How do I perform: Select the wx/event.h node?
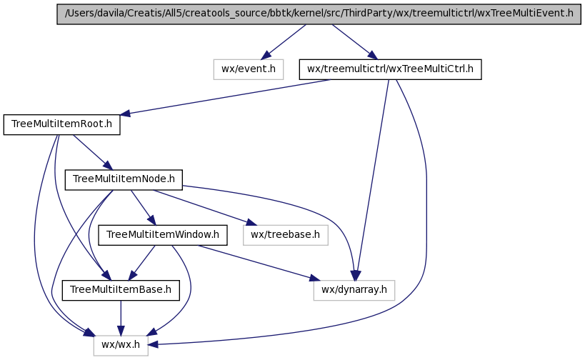(x=249, y=69)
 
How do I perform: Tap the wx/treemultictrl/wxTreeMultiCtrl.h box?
(x=391, y=69)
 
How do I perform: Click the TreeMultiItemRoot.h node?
(x=62, y=125)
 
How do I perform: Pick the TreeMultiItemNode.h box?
(x=124, y=179)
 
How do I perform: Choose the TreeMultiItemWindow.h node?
(x=163, y=234)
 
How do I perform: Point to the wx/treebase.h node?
(x=286, y=234)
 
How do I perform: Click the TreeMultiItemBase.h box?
(x=121, y=289)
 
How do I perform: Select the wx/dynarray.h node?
(x=354, y=289)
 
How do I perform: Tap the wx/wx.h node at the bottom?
(x=121, y=345)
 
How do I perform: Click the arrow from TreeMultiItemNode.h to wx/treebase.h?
(x=200, y=207)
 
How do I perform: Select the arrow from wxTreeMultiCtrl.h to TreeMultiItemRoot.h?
(x=229, y=97)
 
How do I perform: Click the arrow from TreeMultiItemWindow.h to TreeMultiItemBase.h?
(x=142, y=261)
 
